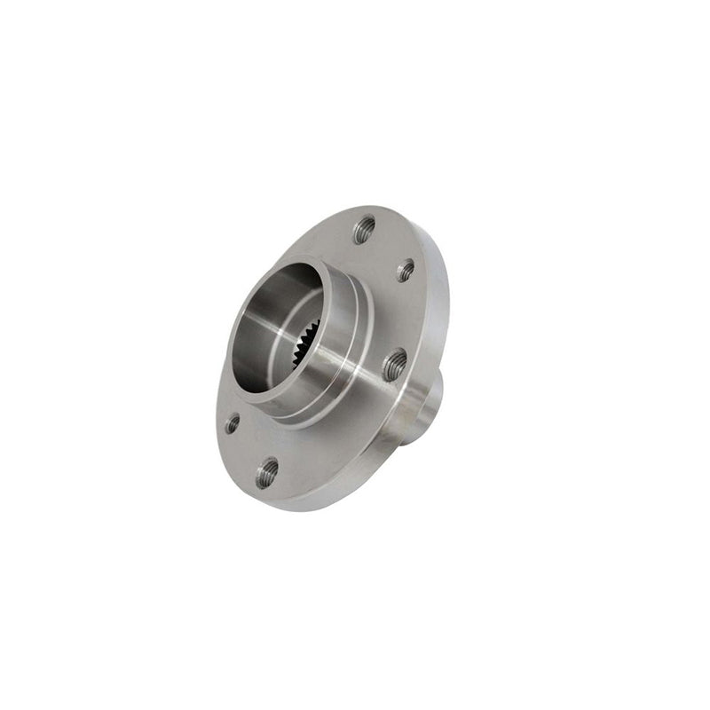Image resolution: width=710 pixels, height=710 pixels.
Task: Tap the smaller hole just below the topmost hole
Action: pos(406,271)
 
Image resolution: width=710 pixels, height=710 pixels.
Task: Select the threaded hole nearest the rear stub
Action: pos(394,364)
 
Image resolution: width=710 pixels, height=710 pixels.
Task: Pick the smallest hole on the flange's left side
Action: pos(233,424)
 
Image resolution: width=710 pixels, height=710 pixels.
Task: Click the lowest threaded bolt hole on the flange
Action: pos(266,472)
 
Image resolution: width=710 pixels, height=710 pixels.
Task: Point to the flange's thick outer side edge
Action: pos(439,293)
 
